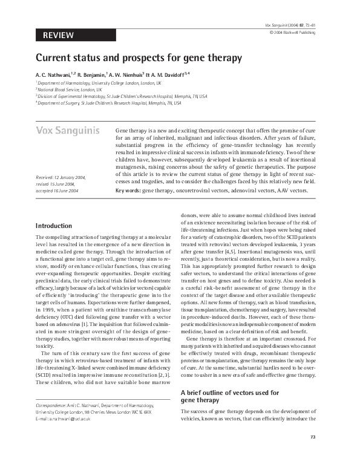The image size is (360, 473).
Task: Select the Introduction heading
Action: point(54,226)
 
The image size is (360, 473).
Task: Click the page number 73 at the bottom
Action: point(313,454)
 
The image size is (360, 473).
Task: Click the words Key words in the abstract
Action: point(127,191)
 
